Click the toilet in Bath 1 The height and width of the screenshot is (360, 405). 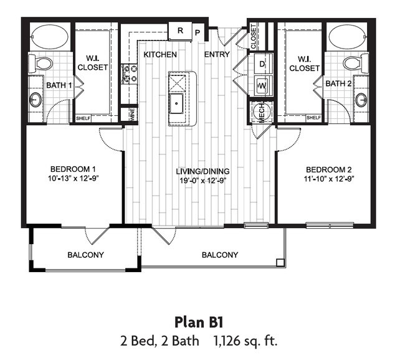[43, 63]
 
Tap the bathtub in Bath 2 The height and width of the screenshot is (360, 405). [348, 37]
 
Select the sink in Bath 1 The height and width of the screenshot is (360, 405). [36, 99]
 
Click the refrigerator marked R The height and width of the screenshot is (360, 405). [180, 31]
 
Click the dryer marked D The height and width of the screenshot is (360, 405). [262, 64]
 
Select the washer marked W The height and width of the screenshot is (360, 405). [262, 85]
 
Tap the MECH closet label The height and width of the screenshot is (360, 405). [255, 112]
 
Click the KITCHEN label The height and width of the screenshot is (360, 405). [160, 54]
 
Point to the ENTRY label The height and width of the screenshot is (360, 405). [217, 54]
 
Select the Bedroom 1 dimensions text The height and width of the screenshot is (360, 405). [65, 178]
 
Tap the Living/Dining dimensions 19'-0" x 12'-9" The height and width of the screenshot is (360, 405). [201, 181]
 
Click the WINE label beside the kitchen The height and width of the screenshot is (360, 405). [132, 115]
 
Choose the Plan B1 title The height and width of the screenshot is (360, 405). [199, 323]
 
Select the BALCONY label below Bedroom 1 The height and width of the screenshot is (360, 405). [85, 255]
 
